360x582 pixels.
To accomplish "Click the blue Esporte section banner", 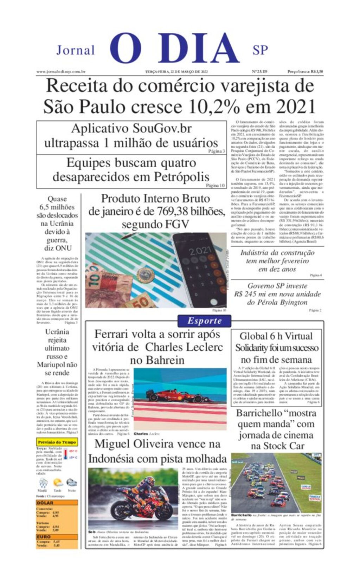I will click(204, 321).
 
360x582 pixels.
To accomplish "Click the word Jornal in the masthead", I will click(76, 50).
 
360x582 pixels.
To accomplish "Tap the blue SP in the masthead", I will click(260, 50).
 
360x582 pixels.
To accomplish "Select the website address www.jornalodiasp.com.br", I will click(61, 72).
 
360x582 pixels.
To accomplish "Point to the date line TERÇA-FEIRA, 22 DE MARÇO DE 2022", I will click(176, 72).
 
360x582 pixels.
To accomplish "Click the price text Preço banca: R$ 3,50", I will click(305, 72).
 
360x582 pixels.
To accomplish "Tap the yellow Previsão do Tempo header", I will click(57, 442).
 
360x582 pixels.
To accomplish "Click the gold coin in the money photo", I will click(146, 275).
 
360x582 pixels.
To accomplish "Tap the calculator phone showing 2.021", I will click(200, 269).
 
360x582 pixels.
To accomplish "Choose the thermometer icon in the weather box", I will click(66, 454).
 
